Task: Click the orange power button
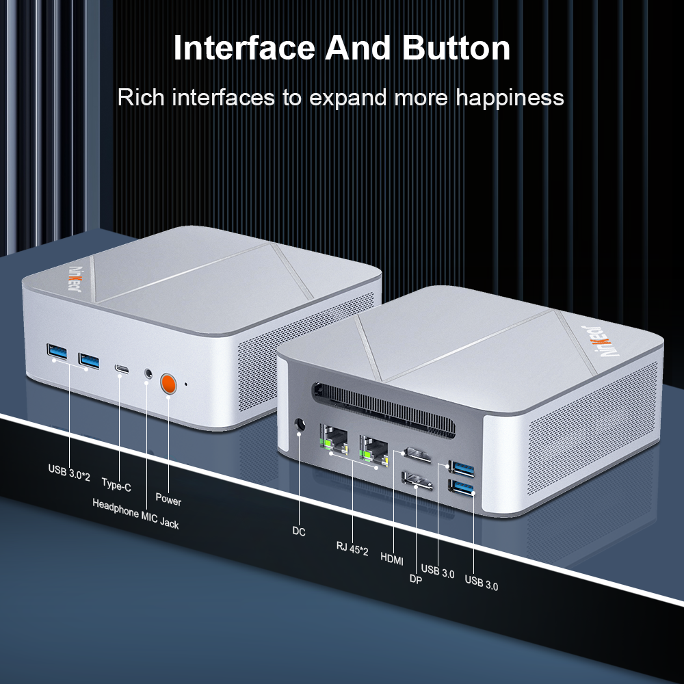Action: [168, 384]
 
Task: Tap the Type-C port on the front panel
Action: [122, 369]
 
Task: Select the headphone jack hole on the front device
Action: [148, 373]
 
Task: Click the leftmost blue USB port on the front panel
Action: [57, 352]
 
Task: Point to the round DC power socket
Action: [300, 425]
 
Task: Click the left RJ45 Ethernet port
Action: [334, 440]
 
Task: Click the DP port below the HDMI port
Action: [417, 480]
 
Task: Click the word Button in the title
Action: [456, 48]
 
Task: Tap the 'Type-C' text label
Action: [116, 485]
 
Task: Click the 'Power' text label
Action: [168, 499]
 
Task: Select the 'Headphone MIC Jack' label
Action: [135, 514]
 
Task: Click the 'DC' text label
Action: [299, 531]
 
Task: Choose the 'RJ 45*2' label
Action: [352, 549]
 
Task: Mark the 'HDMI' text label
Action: [392, 558]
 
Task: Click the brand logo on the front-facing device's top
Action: [75, 279]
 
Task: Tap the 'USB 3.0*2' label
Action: [69, 473]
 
